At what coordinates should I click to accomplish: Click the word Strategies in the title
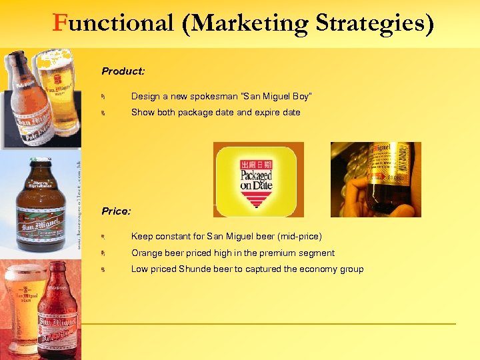[374, 23]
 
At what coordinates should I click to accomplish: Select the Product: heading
[123, 70]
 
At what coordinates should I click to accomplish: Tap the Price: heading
[116, 211]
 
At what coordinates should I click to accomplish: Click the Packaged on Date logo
[258, 179]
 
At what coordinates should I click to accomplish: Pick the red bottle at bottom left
[59, 313]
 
